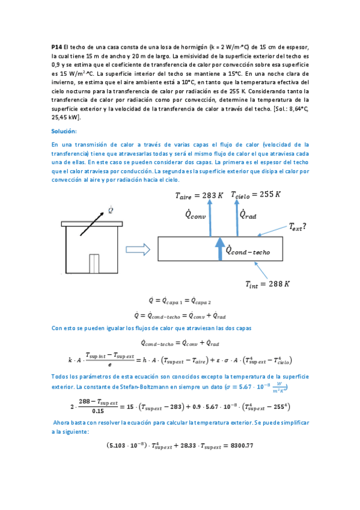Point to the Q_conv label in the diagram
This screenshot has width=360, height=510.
195,215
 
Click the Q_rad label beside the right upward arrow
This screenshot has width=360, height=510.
249,215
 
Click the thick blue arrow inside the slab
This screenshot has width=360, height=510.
219,249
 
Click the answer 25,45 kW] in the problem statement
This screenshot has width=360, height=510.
71,118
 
